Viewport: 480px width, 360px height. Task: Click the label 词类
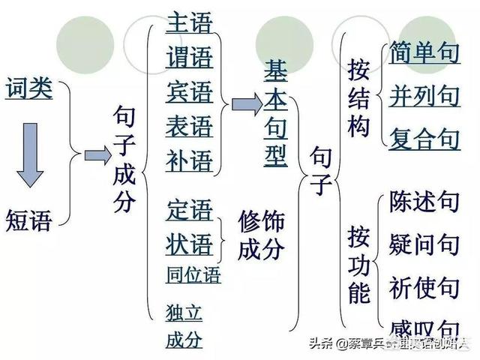[x=29, y=89]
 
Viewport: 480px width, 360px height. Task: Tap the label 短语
[x=29, y=220]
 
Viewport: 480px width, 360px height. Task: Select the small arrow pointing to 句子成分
[x=96, y=155]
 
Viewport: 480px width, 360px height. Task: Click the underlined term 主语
[x=190, y=22]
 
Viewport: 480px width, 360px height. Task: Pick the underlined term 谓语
[x=190, y=57]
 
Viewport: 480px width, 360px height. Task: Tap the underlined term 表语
[x=190, y=125]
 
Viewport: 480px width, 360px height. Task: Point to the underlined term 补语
[x=190, y=160]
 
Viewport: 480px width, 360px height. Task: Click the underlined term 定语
[x=190, y=211]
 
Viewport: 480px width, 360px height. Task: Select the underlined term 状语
[x=190, y=244]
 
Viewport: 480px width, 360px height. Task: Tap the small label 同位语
[x=193, y=275]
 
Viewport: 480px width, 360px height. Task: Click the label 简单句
[x=424, y=53]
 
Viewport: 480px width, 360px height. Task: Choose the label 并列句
[x=424, y=95]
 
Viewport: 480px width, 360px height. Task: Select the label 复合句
[x=424, y=138]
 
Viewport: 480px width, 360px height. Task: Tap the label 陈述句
[x=424, y=201]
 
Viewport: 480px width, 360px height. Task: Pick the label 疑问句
[x=424, y=244]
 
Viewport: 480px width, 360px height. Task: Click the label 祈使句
[x=424, y=286]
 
